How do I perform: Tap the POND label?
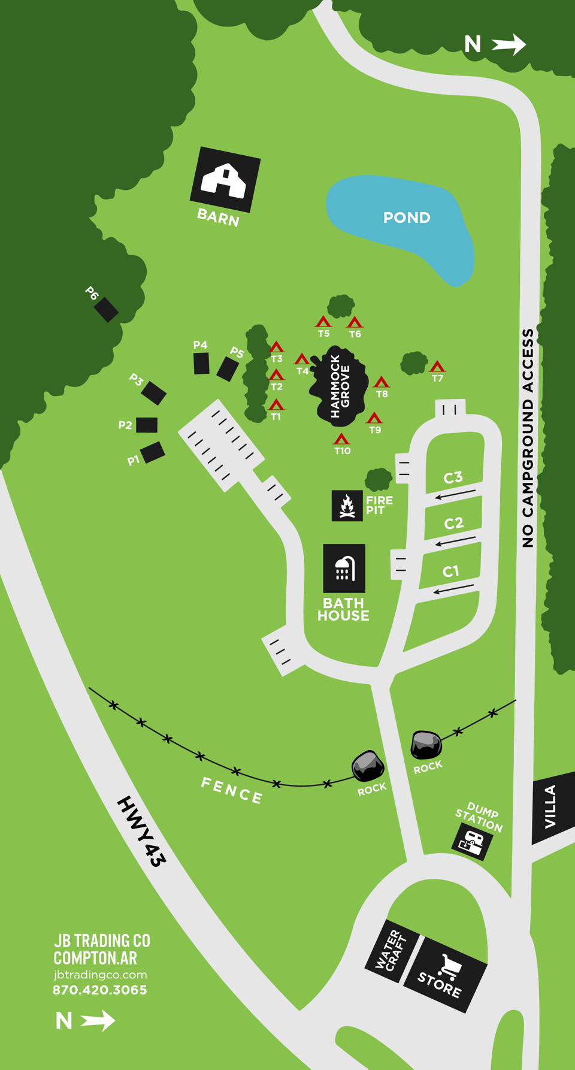(407, 217)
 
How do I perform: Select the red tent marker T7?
(437, 366)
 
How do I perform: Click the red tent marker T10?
(341, 439)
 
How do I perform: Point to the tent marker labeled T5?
(323, 322)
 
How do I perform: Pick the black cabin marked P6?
(106, 309)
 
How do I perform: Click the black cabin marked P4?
(201, 363)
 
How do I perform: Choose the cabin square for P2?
(147, 425)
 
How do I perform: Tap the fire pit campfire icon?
(347, 506)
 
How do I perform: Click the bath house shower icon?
(344, 569)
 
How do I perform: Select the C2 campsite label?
(453, 523)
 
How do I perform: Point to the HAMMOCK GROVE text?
(340, 386)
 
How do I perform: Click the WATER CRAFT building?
(391, 950)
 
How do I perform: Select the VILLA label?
(550, 806)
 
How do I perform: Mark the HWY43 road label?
(141, 832)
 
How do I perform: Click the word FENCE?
(232, 790)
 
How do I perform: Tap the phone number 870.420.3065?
(100, 990)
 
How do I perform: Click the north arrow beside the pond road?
(509, 44)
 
